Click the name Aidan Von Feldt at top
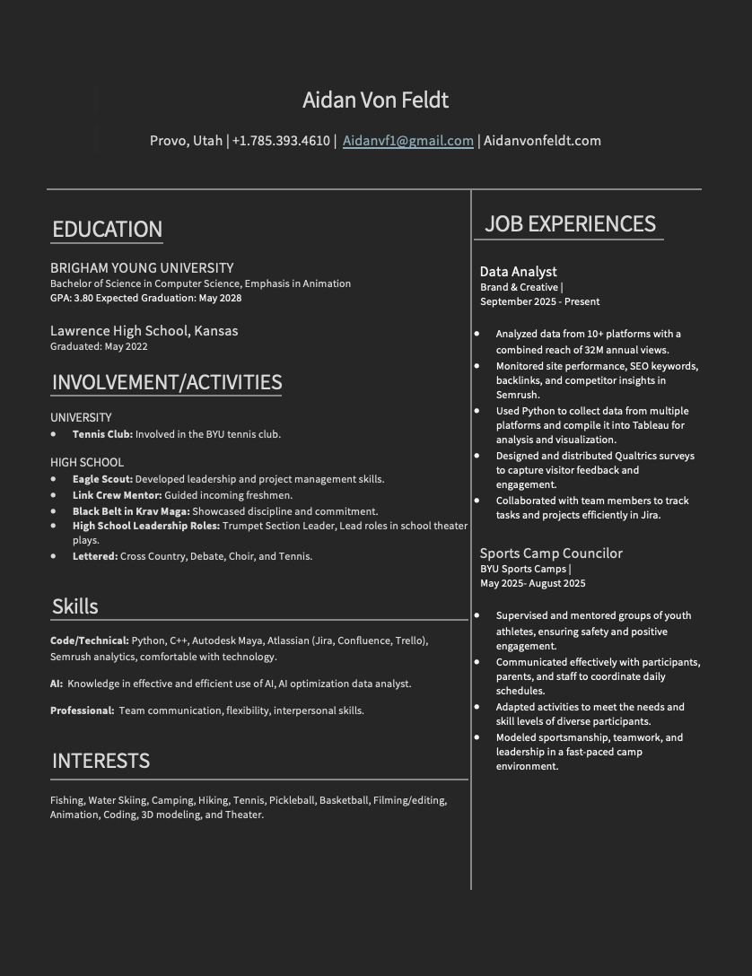pos(375,100)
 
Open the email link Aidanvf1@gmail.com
pos(407,141)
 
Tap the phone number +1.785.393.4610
pos(281,141)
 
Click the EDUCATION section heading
pos(107,229)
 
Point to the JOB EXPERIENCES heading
pos(570,223)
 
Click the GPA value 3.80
pos(83,298)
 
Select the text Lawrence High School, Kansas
pos(144,331)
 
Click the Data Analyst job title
pos(518,272)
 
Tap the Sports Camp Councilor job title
pos(550,553)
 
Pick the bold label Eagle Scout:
pos(102,479)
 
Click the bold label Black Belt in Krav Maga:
pos(131,511)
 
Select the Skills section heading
pos(75,606)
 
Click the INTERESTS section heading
pos(101,761)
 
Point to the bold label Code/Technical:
pos(90,640)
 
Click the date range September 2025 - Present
pos(539,301)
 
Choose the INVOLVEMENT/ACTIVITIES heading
pos(167,382)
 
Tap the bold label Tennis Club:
pos(102,434)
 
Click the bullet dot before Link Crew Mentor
pos(53,495)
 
